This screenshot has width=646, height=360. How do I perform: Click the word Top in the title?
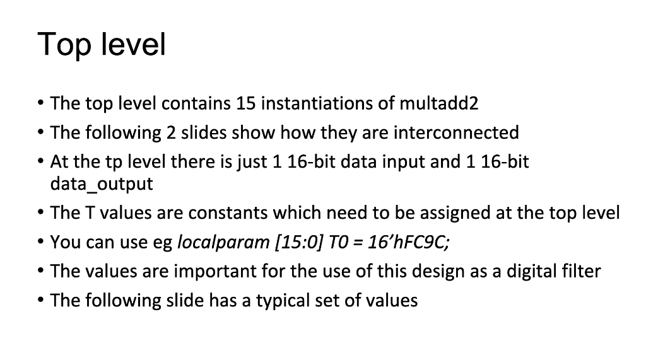click(64, 45)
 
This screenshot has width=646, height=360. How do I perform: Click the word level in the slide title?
click(133, 44)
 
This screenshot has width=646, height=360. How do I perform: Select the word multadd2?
click(439, 103)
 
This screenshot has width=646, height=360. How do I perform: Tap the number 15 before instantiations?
click(246, 103)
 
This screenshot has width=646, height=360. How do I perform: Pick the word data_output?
click(102, 183)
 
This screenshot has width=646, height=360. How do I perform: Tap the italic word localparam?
click(223, 242)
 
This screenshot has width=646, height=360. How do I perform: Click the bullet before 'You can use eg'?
click(40, 241)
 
